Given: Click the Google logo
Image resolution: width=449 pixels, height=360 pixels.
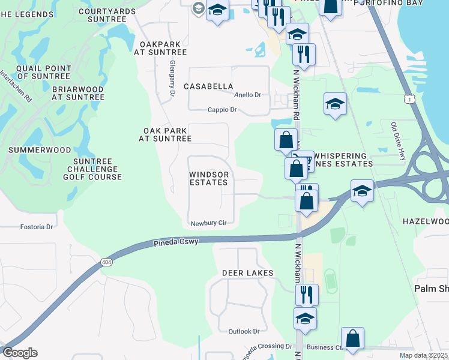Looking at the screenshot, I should (20, 353).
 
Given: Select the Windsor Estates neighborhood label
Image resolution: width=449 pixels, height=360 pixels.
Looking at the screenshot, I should (209, 178).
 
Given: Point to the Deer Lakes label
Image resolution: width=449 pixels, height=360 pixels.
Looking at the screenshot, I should (248, 273).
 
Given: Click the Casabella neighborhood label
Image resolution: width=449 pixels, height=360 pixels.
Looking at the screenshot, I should (208, 86).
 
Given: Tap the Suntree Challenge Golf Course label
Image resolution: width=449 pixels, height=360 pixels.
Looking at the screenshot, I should (97, 169).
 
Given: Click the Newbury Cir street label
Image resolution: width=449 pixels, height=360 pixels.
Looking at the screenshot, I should (208, 223).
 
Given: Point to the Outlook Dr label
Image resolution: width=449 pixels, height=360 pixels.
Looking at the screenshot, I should (244, 331).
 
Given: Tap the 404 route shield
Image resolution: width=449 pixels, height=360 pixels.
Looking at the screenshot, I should (106, 262).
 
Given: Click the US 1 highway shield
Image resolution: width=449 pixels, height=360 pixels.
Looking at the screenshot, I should (409, 98).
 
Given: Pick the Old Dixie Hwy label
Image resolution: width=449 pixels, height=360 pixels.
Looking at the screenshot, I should (399, 142).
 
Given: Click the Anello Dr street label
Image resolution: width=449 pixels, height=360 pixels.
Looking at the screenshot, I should (248, 95).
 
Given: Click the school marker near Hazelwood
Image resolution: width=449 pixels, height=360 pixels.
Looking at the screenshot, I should (363, 191).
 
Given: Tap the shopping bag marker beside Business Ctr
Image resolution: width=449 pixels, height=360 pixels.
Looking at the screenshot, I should (352, 338).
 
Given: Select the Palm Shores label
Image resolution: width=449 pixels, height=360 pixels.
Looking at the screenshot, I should (432, 289).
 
